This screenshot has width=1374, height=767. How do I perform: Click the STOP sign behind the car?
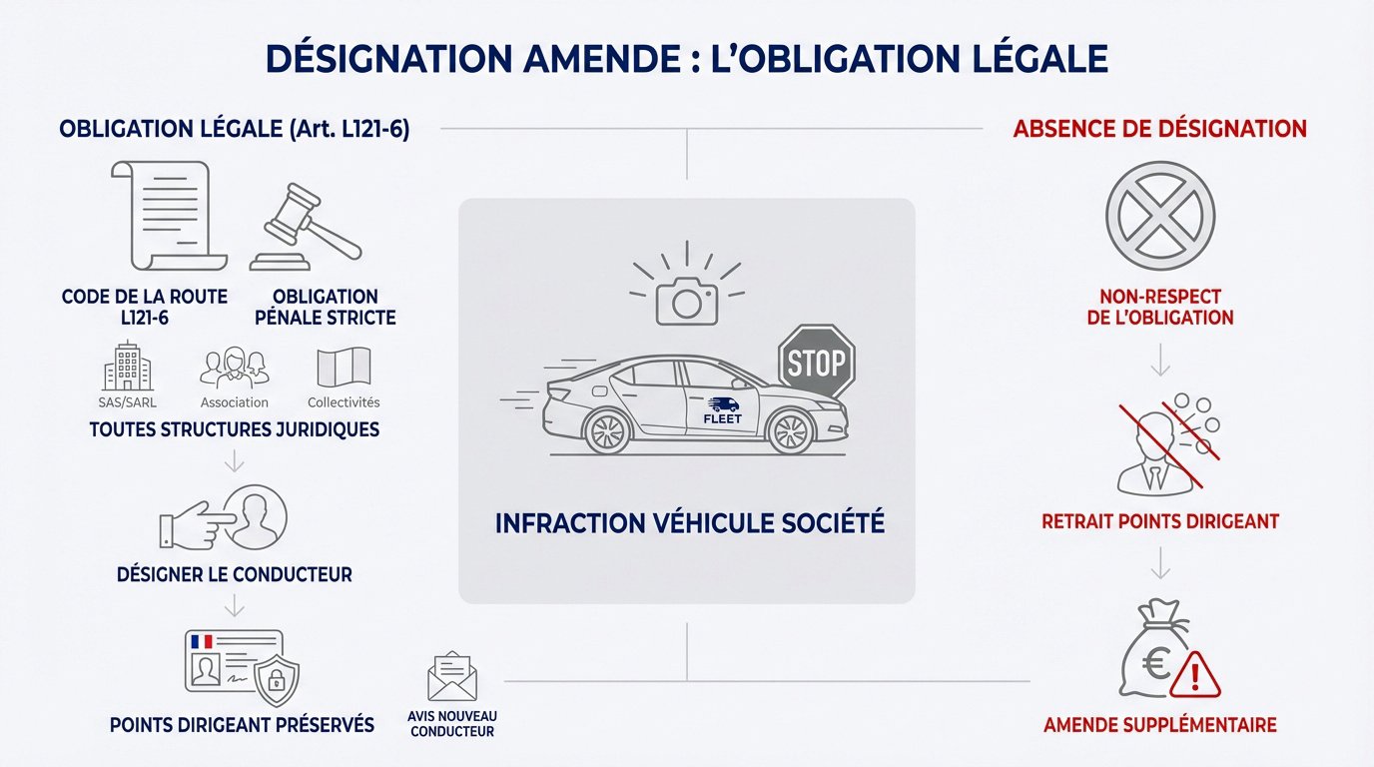coord(816,362)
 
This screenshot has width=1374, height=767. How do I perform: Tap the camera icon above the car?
coord(687,298)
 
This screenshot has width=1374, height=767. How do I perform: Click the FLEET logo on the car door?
coord(723,408)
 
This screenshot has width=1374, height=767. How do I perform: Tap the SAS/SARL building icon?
coord(128,367)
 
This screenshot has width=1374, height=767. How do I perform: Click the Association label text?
coord(235,402)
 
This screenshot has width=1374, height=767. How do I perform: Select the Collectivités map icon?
coord(343,368)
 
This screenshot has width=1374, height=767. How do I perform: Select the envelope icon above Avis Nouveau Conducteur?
coord(452,676)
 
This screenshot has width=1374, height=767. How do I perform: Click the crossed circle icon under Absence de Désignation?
coord(1160,216)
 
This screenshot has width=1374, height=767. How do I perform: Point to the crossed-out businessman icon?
coord(1147,450)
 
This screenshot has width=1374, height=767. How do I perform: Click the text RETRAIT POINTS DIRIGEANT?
coord(1159,521)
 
